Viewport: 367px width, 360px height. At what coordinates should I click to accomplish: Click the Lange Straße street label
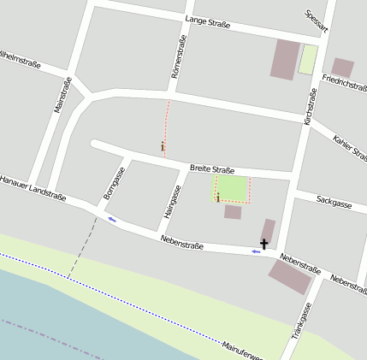pyautogui.click(x=207, y=25)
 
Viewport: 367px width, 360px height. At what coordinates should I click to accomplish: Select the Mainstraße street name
pyautogui.click(x=62, y=95)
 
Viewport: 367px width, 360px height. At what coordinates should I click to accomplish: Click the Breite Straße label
pyautogui.click(x=212, y=169)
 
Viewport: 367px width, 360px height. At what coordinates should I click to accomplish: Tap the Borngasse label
pyautogui.click(x=115, y=184)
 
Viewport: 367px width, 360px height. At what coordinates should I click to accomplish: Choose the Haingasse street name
pyautogui.click(x=174, y=202)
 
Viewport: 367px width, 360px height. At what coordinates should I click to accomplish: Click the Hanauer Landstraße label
pyautogui.click(x=33, y=188)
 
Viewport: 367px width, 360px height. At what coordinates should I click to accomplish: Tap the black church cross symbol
pyautogui.click(x=264, y=245)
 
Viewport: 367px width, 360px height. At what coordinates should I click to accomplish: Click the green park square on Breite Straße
pyautogui.click(x=232, y=189)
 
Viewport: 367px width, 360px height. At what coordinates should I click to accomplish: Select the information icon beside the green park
pyautogui.click(x=218, y=198)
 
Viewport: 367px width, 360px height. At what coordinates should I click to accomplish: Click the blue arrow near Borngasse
pyautogui.click(x=112, y=219)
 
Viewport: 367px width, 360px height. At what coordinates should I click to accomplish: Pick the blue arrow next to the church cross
pyautogui.click(x=256, y=251)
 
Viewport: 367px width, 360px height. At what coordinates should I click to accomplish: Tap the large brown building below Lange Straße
pyautogui.click(x=285, y=59)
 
